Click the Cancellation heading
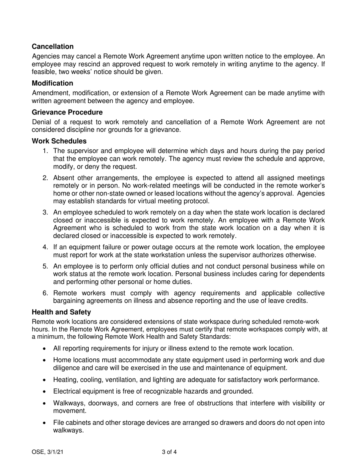click(x=53, y=47)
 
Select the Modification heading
click(x=52, y=83)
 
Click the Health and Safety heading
click(x=61, y=312)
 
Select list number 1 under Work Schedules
click(x=45, y=151)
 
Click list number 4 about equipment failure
click(x=45, y=247)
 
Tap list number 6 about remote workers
click(x=45, y=293)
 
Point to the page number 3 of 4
click(x=169, y=452)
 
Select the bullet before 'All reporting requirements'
click(x=45, y=349)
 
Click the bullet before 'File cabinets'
click(x=45, y=423)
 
